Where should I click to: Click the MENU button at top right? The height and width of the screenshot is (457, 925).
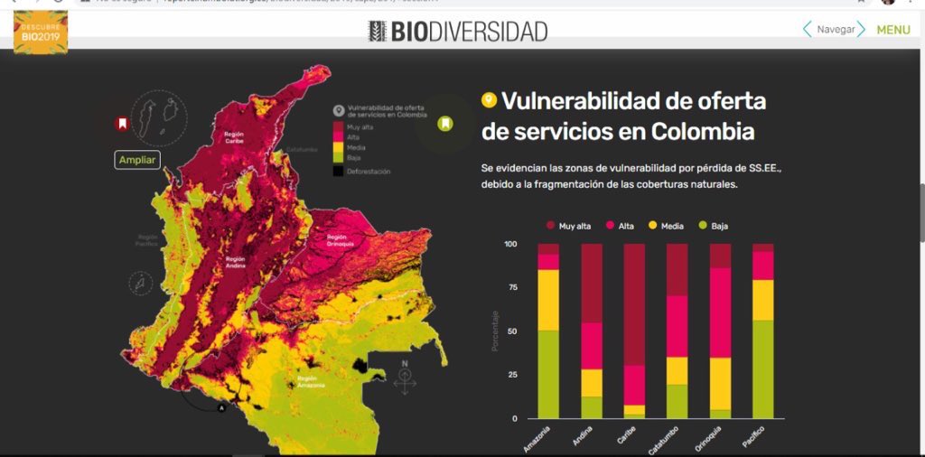pos(892,30)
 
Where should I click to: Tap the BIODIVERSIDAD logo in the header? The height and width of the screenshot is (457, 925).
pos(458,32)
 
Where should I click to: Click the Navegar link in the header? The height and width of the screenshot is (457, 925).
pos(835,30)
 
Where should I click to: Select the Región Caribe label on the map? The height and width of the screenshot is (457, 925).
pos(234,138)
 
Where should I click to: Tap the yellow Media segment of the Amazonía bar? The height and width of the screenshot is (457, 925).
pos(548,300)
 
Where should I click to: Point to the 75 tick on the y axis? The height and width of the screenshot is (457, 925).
pos(511,288)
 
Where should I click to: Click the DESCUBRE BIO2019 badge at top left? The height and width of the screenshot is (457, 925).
pos(40,31)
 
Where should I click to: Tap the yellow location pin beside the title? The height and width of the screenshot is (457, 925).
pos(489,100)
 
